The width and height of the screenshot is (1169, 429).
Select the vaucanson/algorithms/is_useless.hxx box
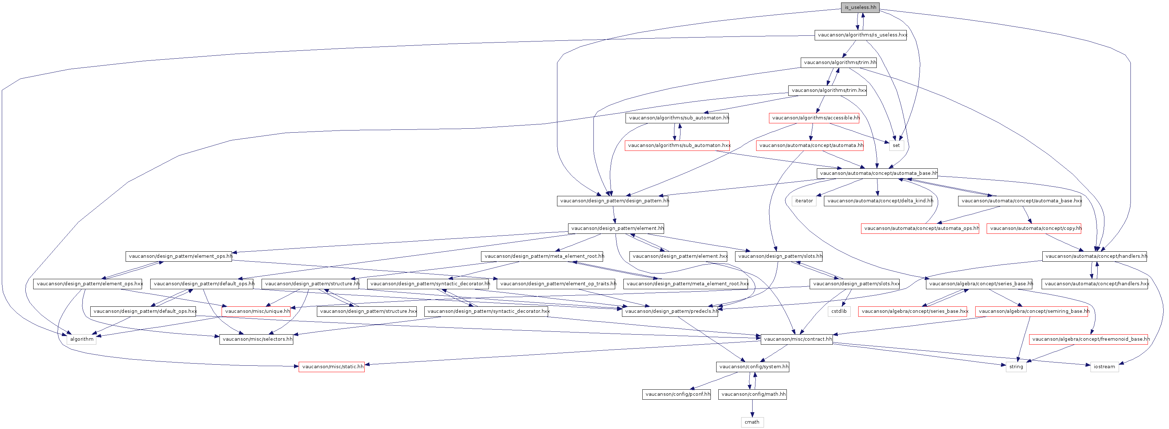click(x=860, y=35)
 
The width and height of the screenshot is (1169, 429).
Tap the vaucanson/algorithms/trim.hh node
click(x=839, y=63)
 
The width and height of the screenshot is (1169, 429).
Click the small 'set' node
click(x=896, y=146)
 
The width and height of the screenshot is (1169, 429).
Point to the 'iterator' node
click(x=804, y=201)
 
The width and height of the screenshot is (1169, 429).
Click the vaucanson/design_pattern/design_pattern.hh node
click(x=613, y=201)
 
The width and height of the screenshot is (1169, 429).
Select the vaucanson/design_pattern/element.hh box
click(x=616, y=228)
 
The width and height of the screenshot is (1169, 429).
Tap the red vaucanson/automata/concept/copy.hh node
click(x=1034, y=228)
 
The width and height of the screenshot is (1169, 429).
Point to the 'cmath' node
click(x=752, y=422)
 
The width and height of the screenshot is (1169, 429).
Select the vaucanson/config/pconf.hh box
click(x=676, y=394)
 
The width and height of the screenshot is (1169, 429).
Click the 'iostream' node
click(x=1104, y=367)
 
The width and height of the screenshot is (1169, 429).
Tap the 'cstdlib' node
click(x=839, y=312)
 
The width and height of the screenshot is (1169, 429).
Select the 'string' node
click(x=1016, y=367)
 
